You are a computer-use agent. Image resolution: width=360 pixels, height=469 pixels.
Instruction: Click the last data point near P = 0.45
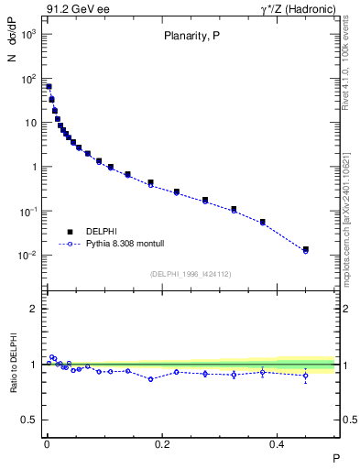306,249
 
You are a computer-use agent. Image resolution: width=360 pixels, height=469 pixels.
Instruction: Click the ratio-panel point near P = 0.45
306,375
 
